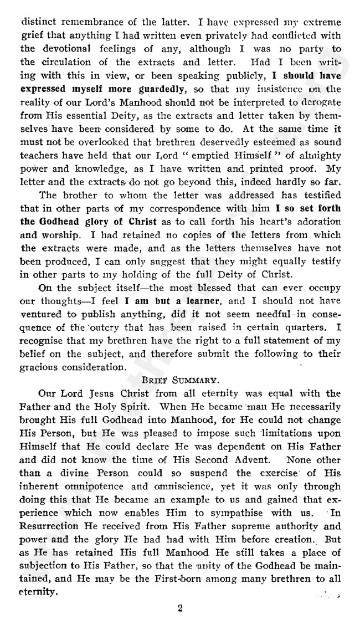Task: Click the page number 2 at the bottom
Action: (180, 608)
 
